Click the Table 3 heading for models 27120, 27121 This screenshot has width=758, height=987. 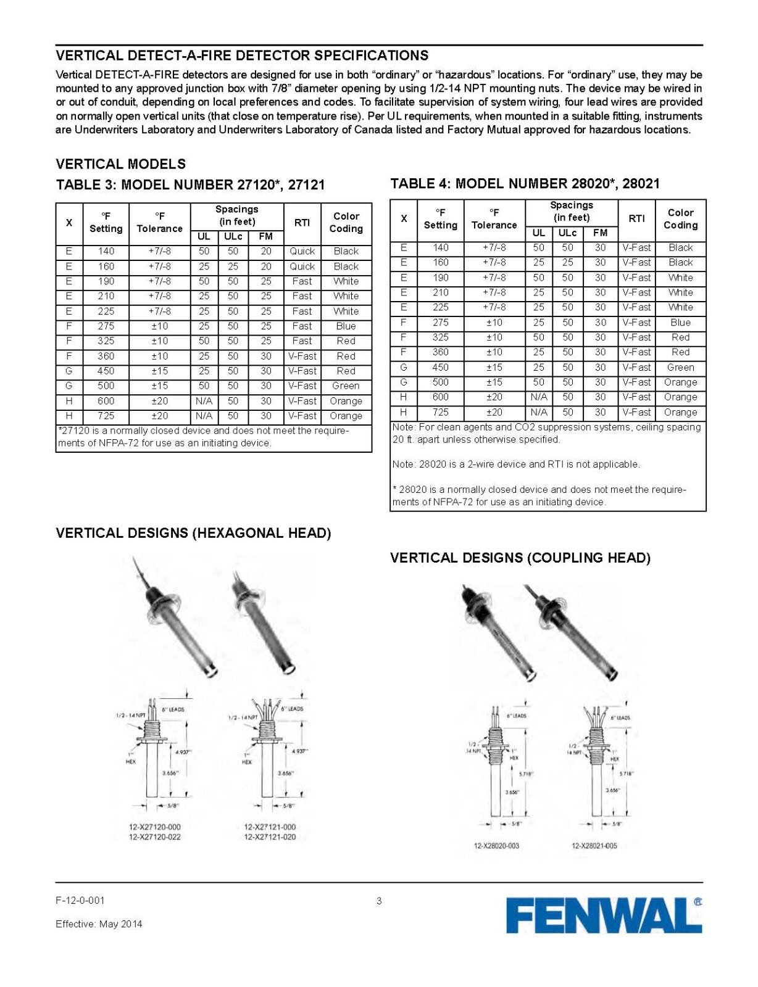[190, 185]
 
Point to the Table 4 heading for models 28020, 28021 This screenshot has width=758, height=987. [525, 183]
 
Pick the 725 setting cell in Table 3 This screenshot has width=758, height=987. [106, 416]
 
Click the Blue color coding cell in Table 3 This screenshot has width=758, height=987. [346, 326]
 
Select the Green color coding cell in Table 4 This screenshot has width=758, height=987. [680, 367]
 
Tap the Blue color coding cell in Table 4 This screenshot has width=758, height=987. [680, 323]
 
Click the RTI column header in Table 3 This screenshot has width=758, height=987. [302, 223]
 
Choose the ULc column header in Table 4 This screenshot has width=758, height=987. [567, 233]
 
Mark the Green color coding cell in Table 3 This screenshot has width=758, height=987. [346, 386]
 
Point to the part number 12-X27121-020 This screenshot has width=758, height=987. [270, 836]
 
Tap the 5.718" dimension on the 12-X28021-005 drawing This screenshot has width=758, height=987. [625, 774]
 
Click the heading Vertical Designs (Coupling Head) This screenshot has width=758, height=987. [520, 558]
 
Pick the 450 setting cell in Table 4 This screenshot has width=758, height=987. [440, 367]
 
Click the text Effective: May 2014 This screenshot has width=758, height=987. [99, 924]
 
